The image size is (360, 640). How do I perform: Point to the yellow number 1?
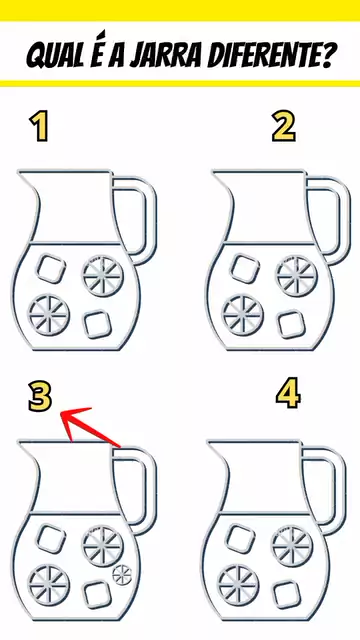(x=40, y=127)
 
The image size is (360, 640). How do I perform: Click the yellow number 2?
(x=284, y=127)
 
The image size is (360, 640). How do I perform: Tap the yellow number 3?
(x=40, y=396)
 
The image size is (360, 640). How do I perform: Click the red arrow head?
(x=73, y=417)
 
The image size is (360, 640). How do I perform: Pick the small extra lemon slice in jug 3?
(x=122, y=575)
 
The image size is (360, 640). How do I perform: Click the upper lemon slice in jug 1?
(x=103, y=275)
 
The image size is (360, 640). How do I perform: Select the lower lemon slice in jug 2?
(x=243, y=315)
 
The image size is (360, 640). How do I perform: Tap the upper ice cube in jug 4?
(x=240, y=538)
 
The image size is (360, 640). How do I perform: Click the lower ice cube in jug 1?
(x=98, y=324)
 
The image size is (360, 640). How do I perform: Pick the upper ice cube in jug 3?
(x=51, y=539)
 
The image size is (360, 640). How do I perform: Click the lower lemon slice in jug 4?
(x=238, y=585)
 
